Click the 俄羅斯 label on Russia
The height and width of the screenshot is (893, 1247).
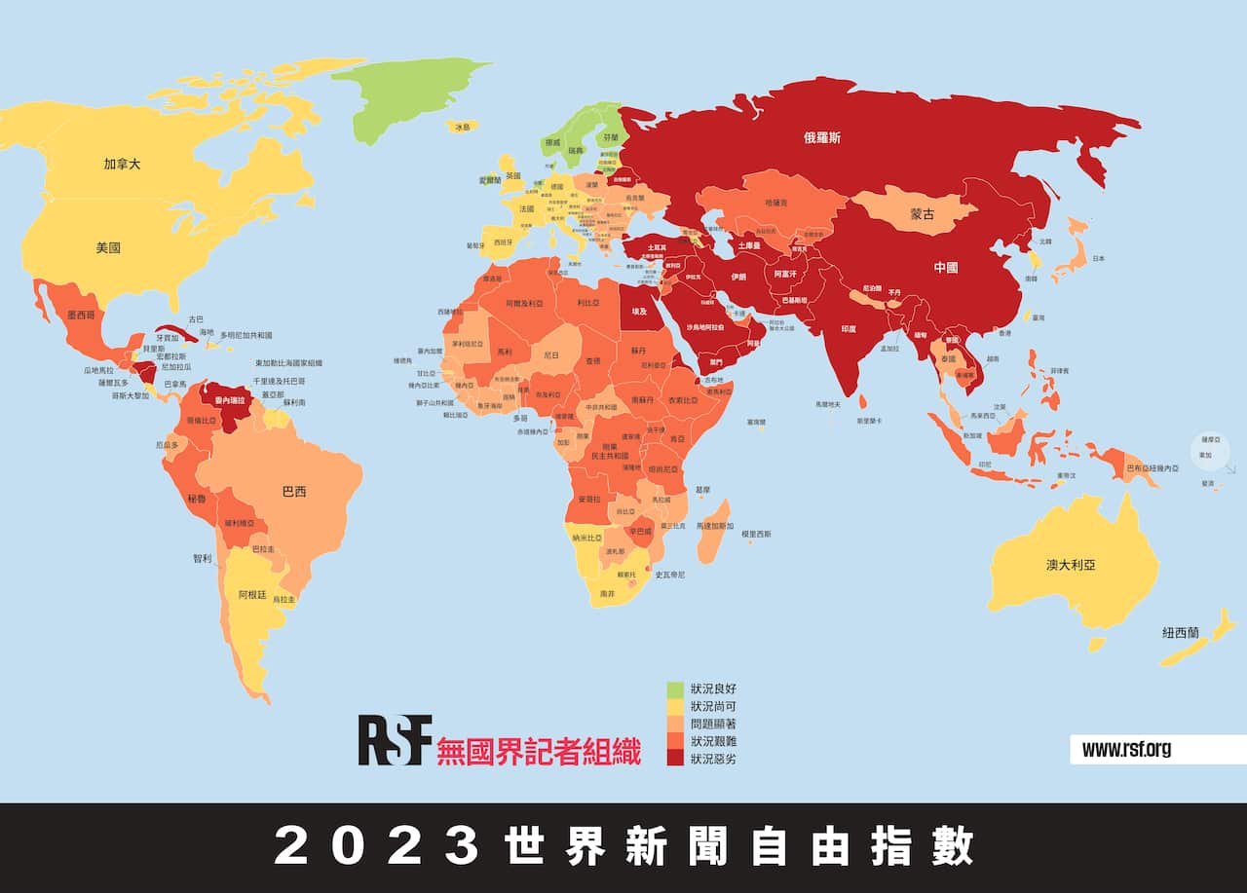click(821, 138)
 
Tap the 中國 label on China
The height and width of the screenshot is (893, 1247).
click(945, 267)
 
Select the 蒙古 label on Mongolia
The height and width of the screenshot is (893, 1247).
click(922, 214)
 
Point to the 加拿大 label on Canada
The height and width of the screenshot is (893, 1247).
click(122, 164)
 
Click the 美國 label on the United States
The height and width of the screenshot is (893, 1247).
click(108, 247)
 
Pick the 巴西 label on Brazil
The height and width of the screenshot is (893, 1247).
click(293, 492)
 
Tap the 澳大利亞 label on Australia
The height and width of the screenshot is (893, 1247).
click(1070, 564)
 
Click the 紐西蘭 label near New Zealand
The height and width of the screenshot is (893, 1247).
click(1181, 632)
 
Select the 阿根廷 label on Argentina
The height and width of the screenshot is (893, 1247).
click(250, 593)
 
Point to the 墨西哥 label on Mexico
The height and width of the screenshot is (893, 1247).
click(80, 316)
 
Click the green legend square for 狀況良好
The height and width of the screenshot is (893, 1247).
click(675, 688)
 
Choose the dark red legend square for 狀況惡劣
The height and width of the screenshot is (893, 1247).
click(675, 758)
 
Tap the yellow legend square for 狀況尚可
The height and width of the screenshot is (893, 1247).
click(675, 706)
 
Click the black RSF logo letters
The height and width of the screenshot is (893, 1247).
click(394, 740)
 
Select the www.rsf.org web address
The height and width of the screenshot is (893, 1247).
click(1126, 749)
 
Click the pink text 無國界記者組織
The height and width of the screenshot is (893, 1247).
click(539, 752)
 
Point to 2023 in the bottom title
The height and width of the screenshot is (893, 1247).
click(375, 846)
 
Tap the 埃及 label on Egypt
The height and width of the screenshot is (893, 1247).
click(639, 312)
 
